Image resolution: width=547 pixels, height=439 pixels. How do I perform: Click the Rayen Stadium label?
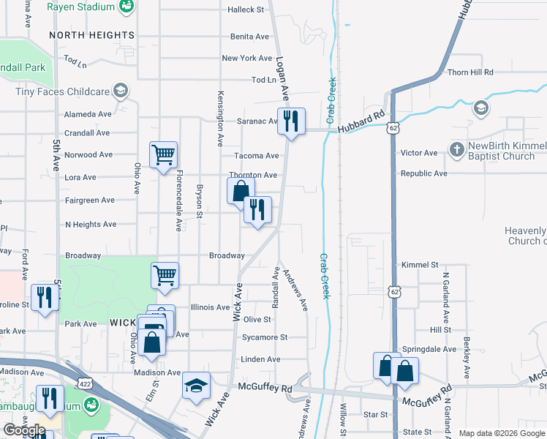pos(80,7)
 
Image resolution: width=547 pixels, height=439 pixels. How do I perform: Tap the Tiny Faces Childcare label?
pos(62,91)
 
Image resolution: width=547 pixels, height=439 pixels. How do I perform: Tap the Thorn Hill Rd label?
pos(471,72)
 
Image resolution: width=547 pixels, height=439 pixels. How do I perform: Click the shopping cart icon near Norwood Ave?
pos(163,154)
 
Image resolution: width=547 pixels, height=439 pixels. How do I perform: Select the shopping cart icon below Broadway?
pos(165,275)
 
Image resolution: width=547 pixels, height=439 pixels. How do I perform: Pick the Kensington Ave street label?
pos(219,120)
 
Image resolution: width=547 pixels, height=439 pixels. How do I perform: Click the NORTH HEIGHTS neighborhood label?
pos(92,35)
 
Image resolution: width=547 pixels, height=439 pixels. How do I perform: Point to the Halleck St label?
pos(246,10)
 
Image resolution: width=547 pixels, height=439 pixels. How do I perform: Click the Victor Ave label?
pos(419,153)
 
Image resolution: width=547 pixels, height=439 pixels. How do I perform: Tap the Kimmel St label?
pos(420,264)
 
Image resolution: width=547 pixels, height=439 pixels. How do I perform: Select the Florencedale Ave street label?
pos(178,200)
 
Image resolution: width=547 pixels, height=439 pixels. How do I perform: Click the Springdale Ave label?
pos(429,349)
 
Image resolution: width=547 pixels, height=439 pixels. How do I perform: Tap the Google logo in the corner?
pos(23,430)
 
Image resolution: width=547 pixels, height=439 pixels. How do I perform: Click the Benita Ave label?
pos(250,37)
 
